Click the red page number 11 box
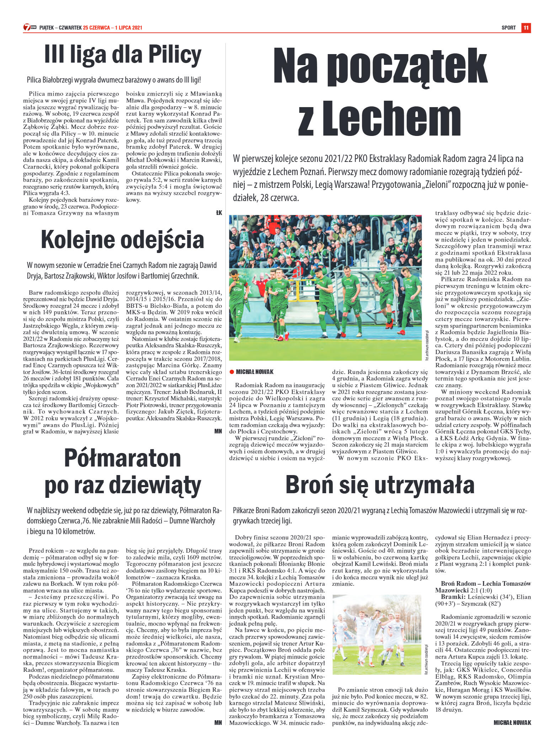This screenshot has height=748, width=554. click(x=526, y=27)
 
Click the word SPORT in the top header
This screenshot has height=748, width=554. click(x=508, y=28)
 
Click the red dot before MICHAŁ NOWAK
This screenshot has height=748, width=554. click(x=231, y=372)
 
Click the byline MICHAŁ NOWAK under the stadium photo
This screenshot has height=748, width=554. click(x=255, y=372)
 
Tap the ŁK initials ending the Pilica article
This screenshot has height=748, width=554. click(x=219, y=213)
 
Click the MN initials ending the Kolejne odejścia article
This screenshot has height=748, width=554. click(x=218, y=431)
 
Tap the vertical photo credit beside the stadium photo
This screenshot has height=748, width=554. click(x=427, y=345)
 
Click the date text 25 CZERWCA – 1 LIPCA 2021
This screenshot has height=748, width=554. click(x=113, y=28)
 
